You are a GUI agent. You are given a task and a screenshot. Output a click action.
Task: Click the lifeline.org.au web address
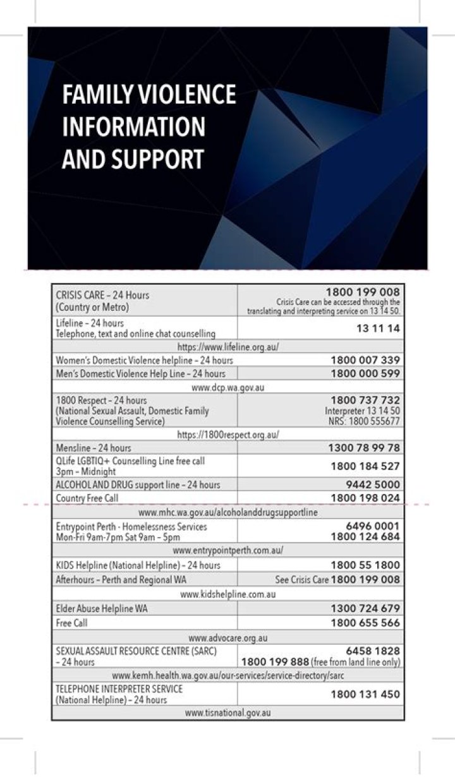click(x=227, y=347)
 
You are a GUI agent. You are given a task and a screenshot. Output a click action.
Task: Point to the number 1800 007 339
click(x=365, y=360)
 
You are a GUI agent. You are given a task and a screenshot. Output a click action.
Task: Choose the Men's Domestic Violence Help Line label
click(x=140, y=373)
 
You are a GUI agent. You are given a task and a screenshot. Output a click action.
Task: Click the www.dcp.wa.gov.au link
click(x=227, y=387)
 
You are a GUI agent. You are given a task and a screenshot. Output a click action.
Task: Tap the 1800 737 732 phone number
click(x=365, y=400)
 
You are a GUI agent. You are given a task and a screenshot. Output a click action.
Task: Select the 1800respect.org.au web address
click(x=227, y=435)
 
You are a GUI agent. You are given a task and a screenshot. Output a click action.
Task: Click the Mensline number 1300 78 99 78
click(x=364, y=448)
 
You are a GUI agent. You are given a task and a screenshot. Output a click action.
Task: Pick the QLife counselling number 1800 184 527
click(x=365, y=466)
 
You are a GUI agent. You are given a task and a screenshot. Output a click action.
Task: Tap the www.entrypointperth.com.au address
click(x=227, y=550)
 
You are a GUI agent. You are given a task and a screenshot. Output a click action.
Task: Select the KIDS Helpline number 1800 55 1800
click(x=365, y=565)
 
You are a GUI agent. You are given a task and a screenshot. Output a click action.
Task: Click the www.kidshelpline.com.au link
click(x=227, y=594)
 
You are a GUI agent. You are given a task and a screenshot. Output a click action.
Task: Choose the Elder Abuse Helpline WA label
click(x=96, y=609)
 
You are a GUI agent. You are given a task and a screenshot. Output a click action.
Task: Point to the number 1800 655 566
click(x=365, y=623)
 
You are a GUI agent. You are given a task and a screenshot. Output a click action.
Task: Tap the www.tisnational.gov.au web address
click(x=227, y=713)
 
